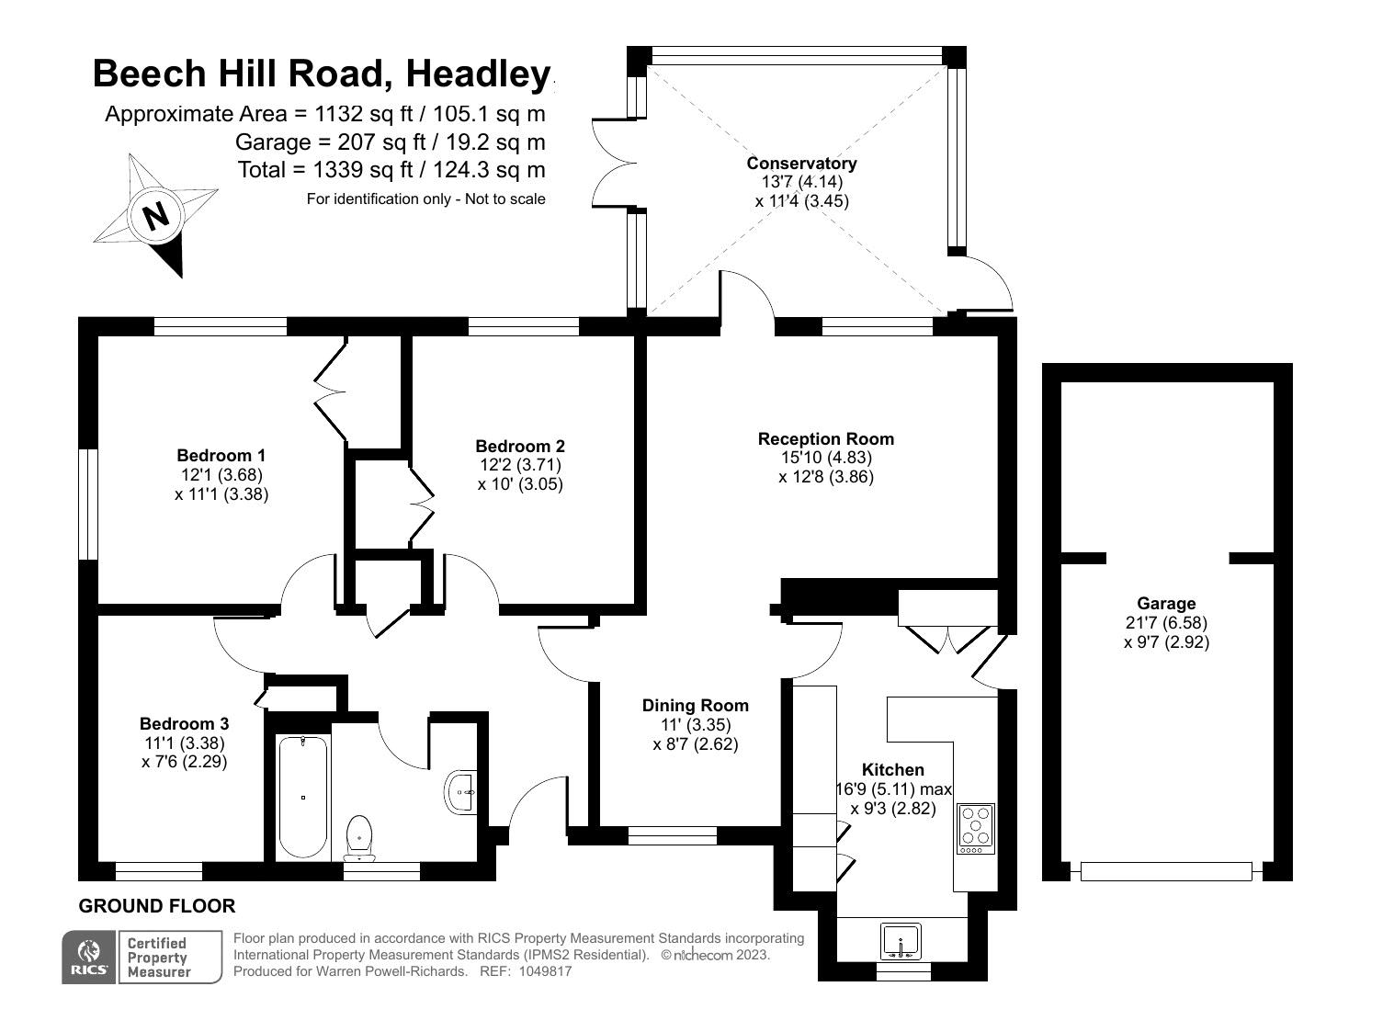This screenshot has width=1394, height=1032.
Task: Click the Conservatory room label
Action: pyautogui.click(x=801, y=164)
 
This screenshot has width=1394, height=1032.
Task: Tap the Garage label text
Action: pyautogui.click(x=1166, y=604)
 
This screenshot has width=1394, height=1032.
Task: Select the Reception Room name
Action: pyautogui.click(x=825, y=438)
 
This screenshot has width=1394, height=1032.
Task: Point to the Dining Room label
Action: pyautogui.click(x=695, y=705)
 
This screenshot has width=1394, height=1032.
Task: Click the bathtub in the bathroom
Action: pyautogui.click(x=303, y=797)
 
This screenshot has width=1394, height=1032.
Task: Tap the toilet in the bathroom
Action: pyautogui.click(x=359, y=838)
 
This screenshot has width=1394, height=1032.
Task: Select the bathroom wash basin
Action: pyautogui.click(x=460, y=792)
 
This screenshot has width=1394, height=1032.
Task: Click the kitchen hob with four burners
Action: pyautogui.click(x=975, y=828)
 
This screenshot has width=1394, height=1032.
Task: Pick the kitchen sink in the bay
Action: pyautogui.click(x=901, y=942)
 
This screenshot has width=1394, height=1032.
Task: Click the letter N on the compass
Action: pyautogui.click(x=156, y=216)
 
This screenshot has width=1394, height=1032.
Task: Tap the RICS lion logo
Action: pyautogui.click(x=88, y=956)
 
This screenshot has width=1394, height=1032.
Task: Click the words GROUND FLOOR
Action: pyautogui.click(x=156, y=906)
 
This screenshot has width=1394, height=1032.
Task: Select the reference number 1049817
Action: pyautogui.click(x=545, y=971)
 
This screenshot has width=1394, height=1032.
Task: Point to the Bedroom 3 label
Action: pyautogui.click(x=184, y=723)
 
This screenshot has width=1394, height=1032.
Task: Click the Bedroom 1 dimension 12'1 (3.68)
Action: pyautogui.click(x=221, y=474)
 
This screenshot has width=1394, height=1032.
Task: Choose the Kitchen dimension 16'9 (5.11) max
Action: pyautogui.click(x=893, y=788)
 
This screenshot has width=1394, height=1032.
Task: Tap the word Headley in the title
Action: pyautogui.click(x=478, y=74)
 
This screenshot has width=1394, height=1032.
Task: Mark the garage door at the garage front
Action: pyautogui.click(x=1166, y=871)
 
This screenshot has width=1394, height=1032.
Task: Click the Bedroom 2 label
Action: pyautogui.click(x=520, y=447)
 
